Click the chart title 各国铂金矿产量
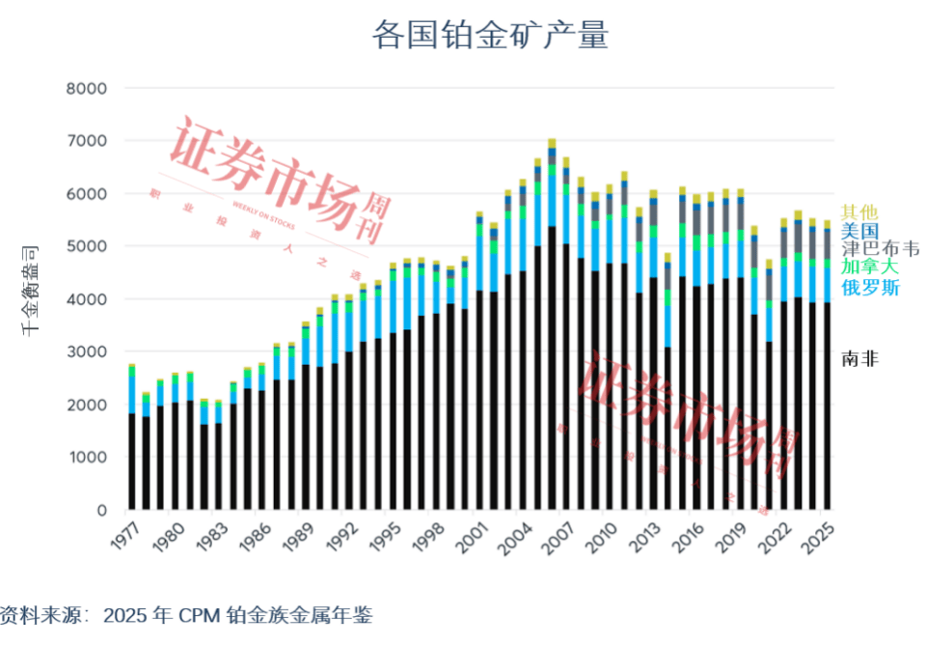490,36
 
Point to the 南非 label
859,359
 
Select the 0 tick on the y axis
100,510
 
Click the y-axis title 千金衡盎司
32,290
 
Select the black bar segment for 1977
132,462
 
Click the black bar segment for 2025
827,406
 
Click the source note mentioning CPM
186,615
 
